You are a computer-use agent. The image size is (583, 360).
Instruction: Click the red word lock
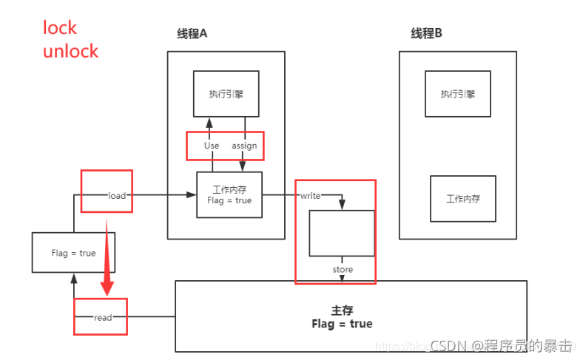(x=60, y=27)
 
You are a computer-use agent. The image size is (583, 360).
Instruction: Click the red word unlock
(x=70, y=51)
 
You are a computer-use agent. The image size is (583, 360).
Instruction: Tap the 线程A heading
(x=192, y=33)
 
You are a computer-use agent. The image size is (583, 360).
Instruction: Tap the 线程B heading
(x=426, y=33)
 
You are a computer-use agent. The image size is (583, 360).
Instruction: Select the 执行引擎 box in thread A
(x=226, y=93)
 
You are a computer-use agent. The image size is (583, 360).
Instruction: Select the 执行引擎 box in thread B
(x=457, y=93)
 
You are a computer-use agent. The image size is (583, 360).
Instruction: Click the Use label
(x=212, y=146)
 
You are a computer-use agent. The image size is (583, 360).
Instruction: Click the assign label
(x=244, y=146)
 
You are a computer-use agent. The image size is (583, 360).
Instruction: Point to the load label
(x=117, y=195)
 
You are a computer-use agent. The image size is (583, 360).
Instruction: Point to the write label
(x=309, y=196)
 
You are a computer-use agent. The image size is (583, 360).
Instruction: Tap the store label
(x=343, y=270)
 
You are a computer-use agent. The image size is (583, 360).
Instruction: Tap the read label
(x=103, y=317)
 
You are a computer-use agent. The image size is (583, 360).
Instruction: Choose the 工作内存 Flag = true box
(x=229, y=195)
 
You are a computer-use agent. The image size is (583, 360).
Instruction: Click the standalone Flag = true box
(x=73, y=252)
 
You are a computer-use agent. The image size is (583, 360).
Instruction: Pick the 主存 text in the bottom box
(x=342, y=311)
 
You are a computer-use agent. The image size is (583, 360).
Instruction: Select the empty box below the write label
(x=342, y=232)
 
